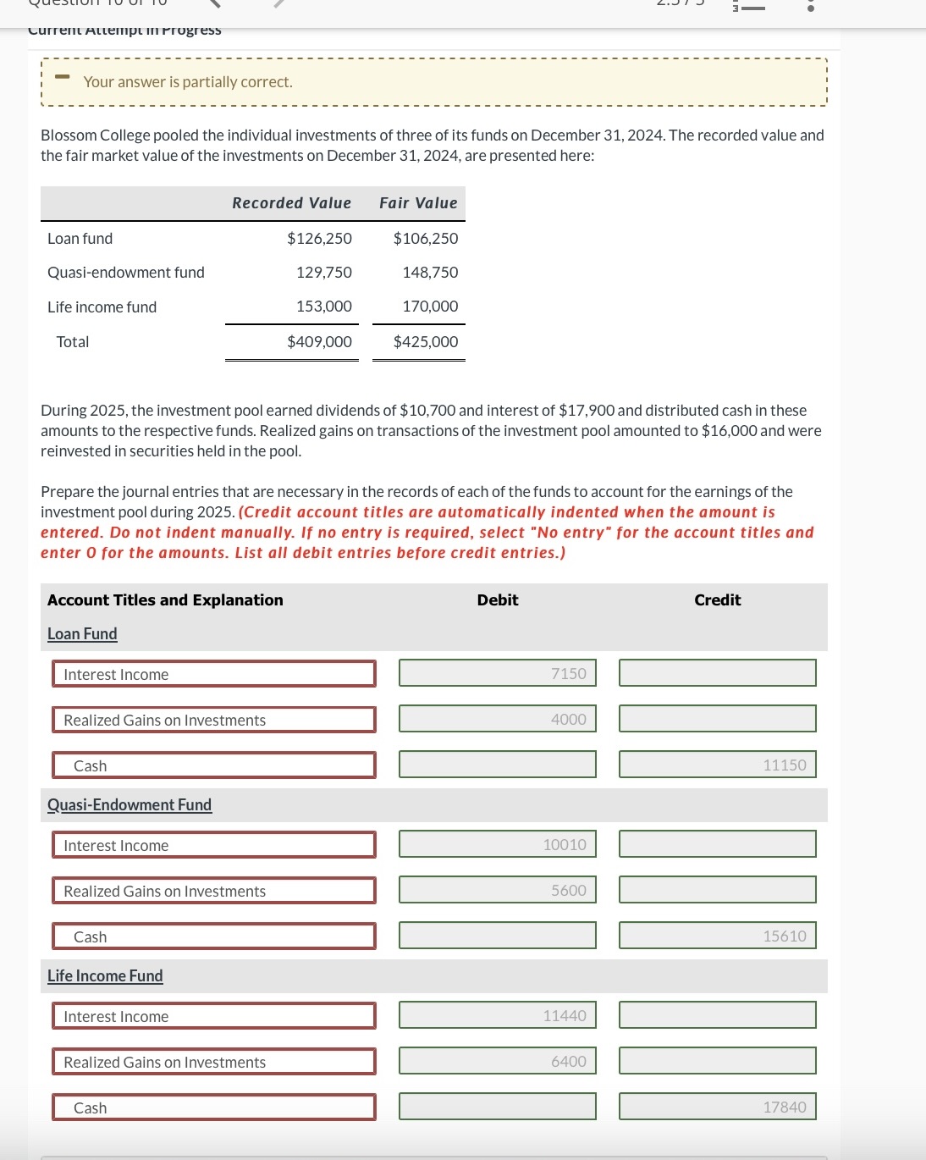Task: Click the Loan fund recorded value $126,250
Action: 319,239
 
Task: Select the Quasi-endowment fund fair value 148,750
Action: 430,273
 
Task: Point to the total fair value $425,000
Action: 425,342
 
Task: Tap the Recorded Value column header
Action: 291,203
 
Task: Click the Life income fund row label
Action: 102,307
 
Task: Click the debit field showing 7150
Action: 498,673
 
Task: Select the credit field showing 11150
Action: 717,765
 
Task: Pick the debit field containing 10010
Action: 498,844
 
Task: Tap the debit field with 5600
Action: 498,890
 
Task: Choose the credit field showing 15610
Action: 717,936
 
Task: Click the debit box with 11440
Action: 498,1015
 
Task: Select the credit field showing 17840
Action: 717,1107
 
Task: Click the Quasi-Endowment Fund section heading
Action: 130,805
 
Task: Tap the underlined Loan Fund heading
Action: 82,634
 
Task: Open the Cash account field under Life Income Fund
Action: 213,1108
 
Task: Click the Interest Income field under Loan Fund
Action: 213,674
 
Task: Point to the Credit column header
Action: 717,600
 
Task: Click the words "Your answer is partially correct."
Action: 188,82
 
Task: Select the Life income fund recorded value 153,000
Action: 323,307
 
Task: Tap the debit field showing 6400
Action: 498,1061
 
